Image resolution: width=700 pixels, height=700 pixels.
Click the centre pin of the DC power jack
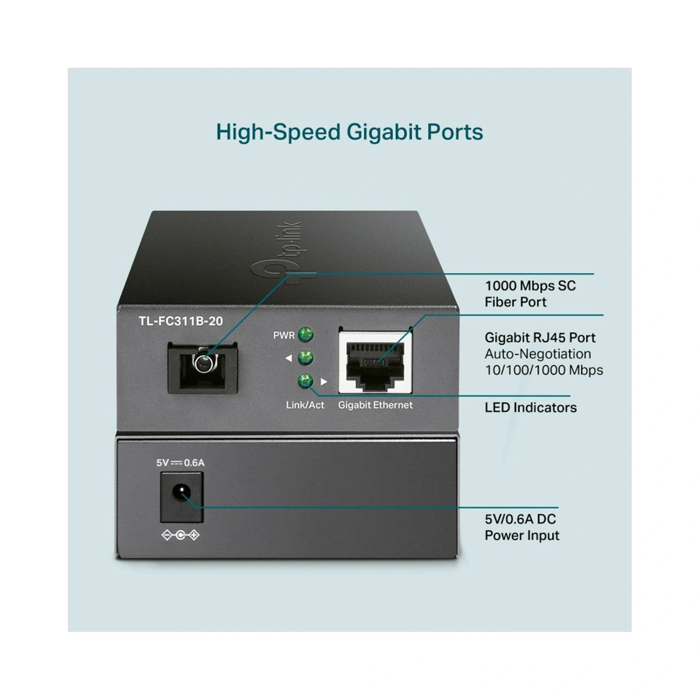(x=181, y=495)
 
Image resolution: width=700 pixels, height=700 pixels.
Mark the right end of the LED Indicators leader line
(x=570, y=396)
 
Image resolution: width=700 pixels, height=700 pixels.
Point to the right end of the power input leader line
(x=558, y=508)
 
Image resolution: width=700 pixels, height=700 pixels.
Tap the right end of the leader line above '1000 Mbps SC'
(x=594, y=274)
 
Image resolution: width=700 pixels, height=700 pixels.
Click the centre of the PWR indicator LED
(x=305, y=334)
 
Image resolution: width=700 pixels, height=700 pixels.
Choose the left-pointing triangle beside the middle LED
(x=288, y=358)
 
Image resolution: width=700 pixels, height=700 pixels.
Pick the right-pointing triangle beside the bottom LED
(x=324, y=382)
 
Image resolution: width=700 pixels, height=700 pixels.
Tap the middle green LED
(x=305, y=358)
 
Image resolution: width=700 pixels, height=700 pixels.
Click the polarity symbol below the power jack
(x=180, y=536)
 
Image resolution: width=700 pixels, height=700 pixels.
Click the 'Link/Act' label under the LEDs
(x=305, y=405)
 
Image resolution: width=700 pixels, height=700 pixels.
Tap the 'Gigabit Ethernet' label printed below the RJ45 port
(x=375, y=405)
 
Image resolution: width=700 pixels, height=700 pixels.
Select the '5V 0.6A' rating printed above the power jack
(x=180, y=463)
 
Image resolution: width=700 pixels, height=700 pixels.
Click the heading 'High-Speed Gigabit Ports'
(x=349, y=132)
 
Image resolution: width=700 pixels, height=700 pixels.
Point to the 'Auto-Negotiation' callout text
(x=537, y=354)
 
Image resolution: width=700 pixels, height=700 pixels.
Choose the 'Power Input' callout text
(x=522, y=536)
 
